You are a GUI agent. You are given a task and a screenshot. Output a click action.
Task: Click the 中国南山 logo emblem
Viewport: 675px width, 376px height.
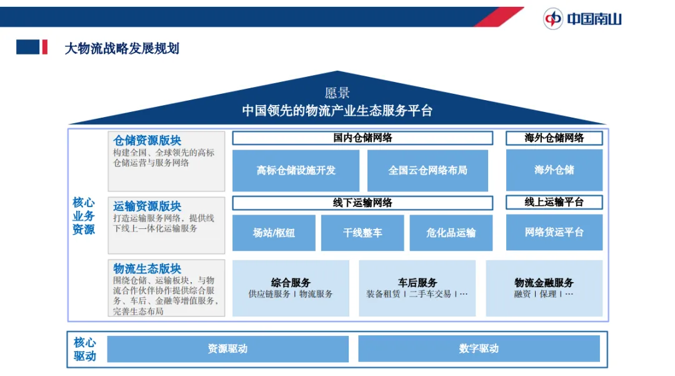point(553,19)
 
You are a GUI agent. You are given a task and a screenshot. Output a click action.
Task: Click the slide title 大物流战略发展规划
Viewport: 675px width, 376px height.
point(122,48)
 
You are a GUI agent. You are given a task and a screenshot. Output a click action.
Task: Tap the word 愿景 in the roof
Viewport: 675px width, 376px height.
point(337,94)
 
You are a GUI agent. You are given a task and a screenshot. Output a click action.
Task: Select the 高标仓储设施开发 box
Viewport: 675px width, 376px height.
point(296,170)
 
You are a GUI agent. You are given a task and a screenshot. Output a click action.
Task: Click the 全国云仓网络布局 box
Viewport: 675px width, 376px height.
point(427,170)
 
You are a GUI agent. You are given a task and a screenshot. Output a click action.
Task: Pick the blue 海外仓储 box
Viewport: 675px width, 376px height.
point(554,170)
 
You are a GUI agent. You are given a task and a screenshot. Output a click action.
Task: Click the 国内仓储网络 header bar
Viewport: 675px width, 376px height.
point(362,138)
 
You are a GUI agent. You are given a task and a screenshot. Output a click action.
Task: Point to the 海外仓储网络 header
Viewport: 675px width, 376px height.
point(554,138)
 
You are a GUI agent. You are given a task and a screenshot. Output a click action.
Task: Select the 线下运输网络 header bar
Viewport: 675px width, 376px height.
point(362,203)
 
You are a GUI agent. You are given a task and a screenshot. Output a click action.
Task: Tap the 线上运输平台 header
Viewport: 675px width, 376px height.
point(554,202)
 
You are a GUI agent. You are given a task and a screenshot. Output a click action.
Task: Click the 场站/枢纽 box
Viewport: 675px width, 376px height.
point(274,233)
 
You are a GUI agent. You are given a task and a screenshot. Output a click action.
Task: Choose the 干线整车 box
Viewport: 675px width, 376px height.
point(362,233)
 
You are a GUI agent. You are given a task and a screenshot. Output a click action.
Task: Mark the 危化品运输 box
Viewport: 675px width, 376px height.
point(451,233)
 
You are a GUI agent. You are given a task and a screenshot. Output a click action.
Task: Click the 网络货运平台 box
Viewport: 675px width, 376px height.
point(554,232)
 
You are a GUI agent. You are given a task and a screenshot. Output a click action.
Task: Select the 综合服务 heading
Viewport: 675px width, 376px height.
point(291,283)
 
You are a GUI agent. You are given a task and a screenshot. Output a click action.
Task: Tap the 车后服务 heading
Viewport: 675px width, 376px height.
point(417,283)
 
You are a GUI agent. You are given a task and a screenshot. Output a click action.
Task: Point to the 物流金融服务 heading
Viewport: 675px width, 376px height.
point(544,283)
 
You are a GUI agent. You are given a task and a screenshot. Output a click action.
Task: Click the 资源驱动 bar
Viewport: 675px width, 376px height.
point(227,349)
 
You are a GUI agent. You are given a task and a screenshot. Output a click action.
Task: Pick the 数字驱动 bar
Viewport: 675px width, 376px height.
point(479,348)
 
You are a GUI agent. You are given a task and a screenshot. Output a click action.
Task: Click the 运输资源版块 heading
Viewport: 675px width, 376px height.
point(147,206)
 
